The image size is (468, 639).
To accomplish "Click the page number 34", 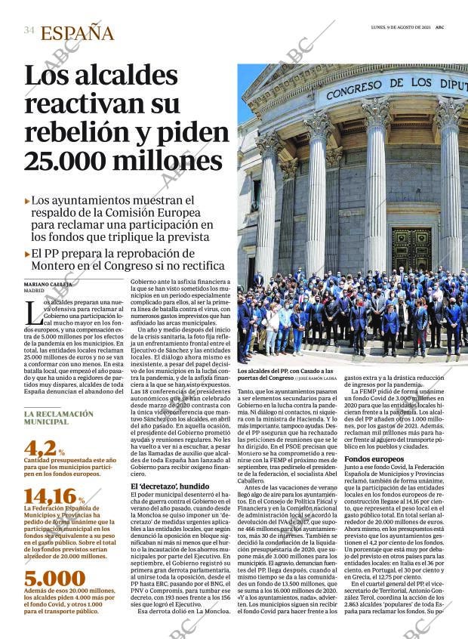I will click(x=29, y=30).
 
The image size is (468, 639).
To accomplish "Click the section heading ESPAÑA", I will click(x=77, y=33).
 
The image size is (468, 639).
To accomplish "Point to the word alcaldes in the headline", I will click(x=118, y=76).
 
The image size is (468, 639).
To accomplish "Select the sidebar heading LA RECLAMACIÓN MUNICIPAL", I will click(x=58, y=418).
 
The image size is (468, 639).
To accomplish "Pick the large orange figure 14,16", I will click(x=49, y=496).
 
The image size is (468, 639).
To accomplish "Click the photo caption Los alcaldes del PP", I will click(x=285, y=372).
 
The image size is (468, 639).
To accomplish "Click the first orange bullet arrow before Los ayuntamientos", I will click(x=28, y=202).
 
